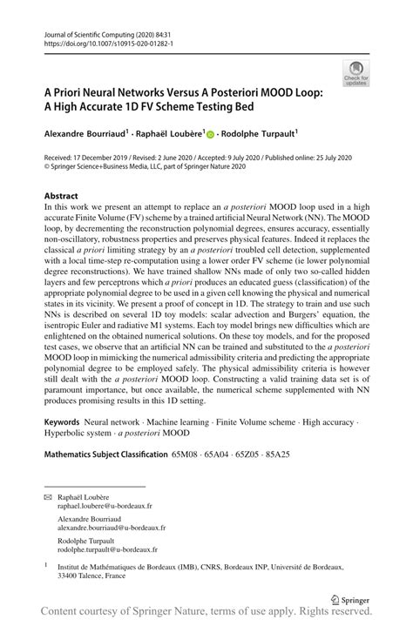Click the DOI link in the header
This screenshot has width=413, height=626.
point(104,44)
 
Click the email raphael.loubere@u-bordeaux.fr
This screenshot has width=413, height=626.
point(105,504)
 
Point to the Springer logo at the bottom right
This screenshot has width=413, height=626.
point(348,598)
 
